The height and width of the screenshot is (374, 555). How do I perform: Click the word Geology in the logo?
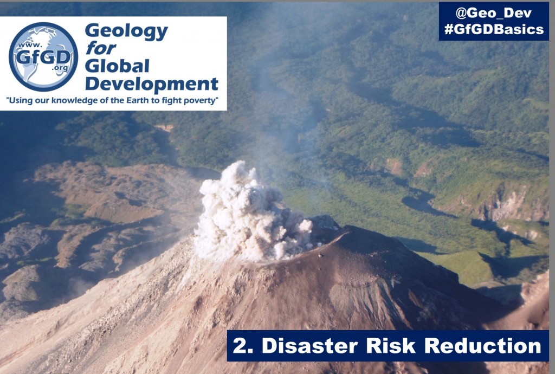[x=126, y=32]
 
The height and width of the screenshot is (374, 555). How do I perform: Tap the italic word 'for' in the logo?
[x=100, y=48]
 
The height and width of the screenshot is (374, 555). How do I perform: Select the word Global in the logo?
[x=117, y=66]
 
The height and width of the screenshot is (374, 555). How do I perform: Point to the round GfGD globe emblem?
[x=43, y=56]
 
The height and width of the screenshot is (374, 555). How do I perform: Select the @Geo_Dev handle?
[x=493, y=13]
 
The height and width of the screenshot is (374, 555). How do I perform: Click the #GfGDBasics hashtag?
[x=494, y=29]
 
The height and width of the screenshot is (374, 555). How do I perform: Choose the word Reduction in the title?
[x=483, y=346]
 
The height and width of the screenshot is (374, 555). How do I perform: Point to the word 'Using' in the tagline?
[x=18, y=101]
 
